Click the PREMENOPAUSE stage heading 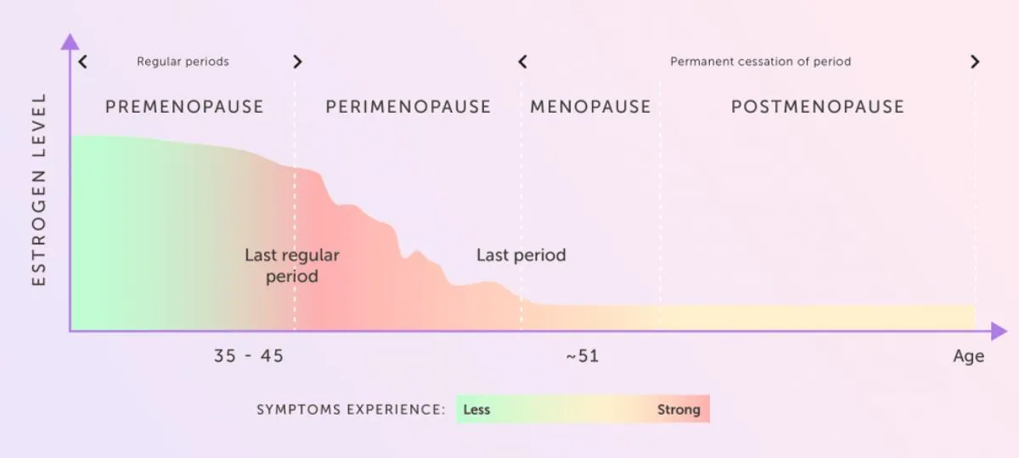[x=184, y=107]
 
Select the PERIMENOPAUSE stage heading [x=408, y=107]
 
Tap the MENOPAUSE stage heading [x=590, y=107]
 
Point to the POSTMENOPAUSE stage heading [x=818, y=107]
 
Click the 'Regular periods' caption [x=183, y=62]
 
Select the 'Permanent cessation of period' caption [x=760, y=62]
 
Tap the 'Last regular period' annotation [x=292, y=265]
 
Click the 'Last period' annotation [x=521, y=255]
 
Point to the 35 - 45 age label [x=249, y=356]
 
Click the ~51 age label [x=582, y=356]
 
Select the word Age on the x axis [x=968, y=356]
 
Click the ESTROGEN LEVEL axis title [x=39, y=189]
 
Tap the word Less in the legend [x=476, y=410]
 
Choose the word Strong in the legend [x=678, y=410]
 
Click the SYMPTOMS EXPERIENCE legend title [x=351, y=410]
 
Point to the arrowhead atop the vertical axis [x=70, y=41]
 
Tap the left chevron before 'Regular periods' [x=82, y=62]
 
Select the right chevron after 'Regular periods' [x=297, y=62]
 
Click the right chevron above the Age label [x=975, y=62]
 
